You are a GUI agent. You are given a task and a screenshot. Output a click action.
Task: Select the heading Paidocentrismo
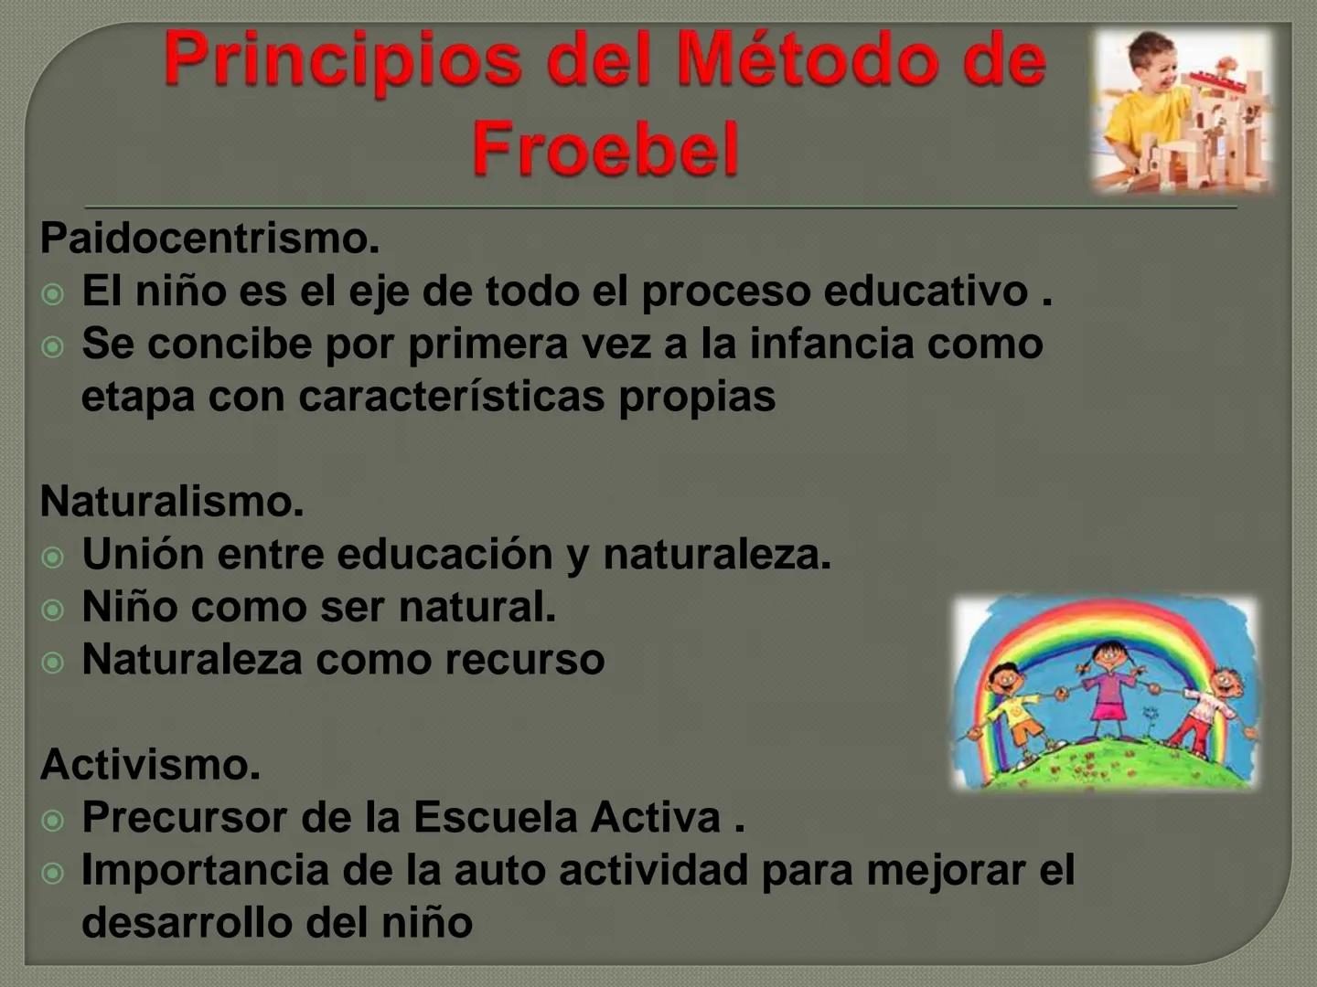[x=209, y=239]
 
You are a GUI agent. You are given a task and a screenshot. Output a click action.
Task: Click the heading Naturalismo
[x=172, y=501]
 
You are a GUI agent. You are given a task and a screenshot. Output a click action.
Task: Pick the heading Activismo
[x=151, y=764]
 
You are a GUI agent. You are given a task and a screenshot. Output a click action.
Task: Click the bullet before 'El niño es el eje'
[x=54, y=294]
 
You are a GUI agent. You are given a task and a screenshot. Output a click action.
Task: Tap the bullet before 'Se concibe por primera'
[x=54, y=347]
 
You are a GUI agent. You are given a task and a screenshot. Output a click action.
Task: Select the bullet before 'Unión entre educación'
[x=54, y=557]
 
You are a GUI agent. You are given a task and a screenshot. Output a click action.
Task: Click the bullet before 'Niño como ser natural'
[x=54, y=610]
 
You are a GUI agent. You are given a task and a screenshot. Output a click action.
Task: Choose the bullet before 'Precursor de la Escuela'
[x=54, y=820]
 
